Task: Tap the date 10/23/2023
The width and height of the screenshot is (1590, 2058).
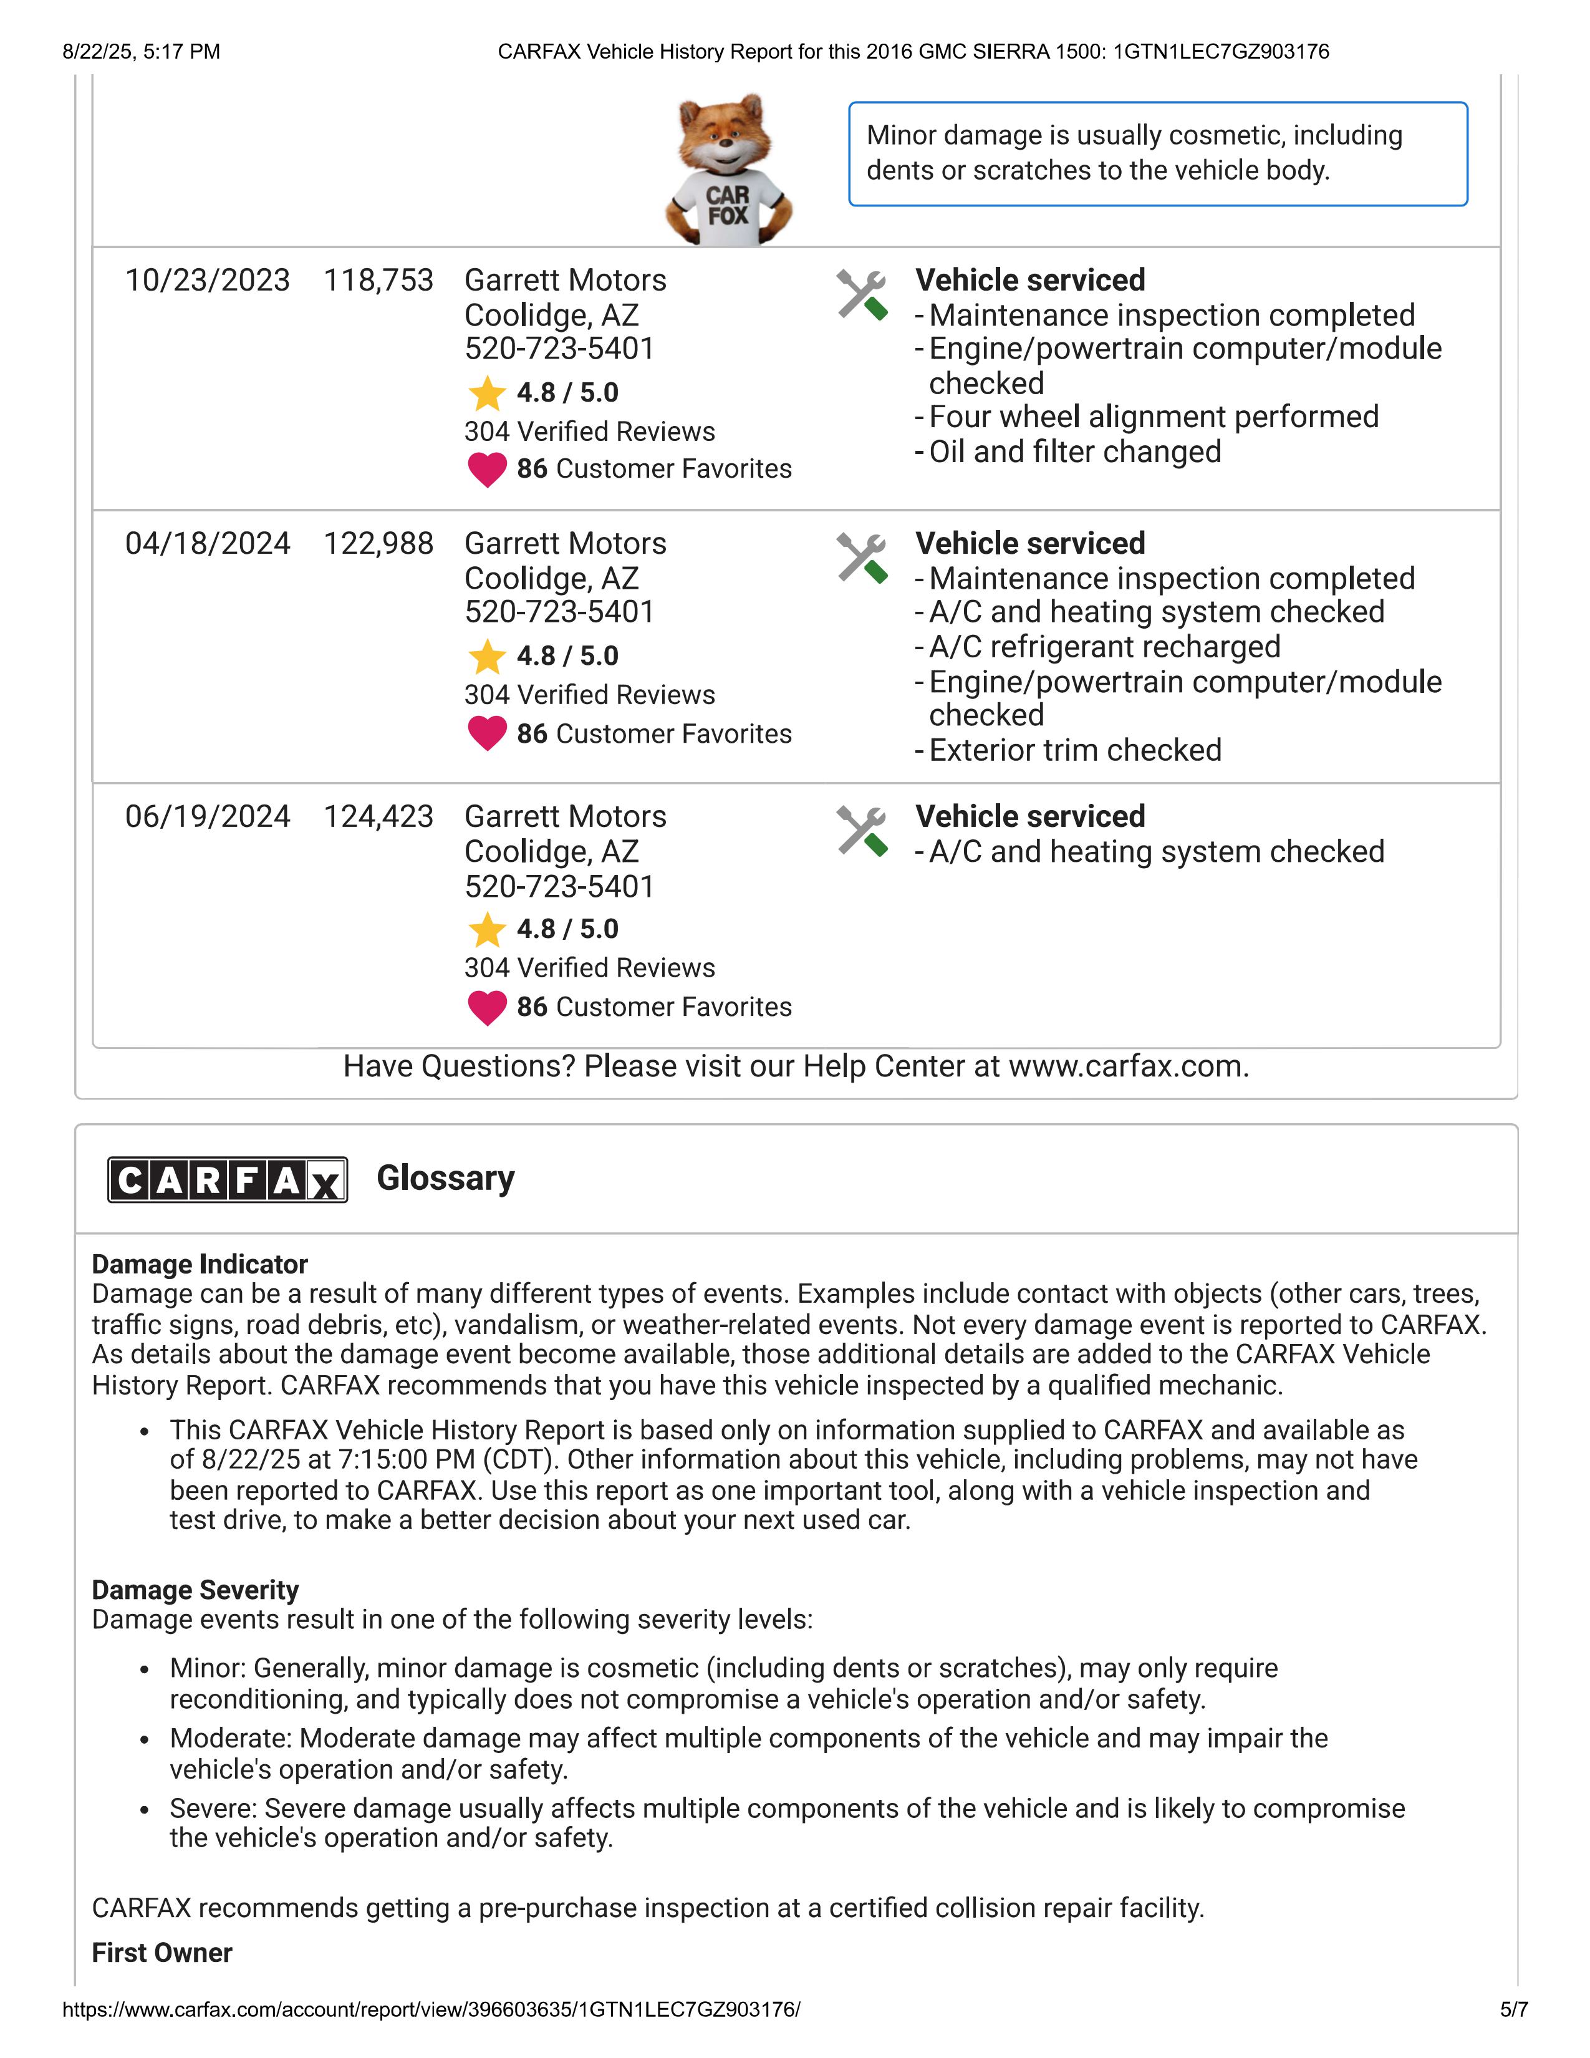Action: click(x=207, y=281)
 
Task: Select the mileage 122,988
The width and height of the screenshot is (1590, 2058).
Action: click(x=378, y=544)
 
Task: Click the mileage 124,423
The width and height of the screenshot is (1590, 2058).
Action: click(x=378, y=816)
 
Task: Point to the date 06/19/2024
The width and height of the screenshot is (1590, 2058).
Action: click(x=207, y=816)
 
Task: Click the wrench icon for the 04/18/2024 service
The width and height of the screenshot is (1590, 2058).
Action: click(x=862, y=558)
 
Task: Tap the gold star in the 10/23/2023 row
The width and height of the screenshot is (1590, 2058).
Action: click(x=487, y=393)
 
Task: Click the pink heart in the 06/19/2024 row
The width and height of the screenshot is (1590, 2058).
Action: click(x=487, y=1007)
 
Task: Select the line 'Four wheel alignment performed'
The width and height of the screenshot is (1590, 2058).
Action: click(x=1153, y=417)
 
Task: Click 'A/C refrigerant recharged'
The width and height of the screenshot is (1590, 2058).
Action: click(x=1104, y=647)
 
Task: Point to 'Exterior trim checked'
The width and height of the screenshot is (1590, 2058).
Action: click(x=1075, y=750)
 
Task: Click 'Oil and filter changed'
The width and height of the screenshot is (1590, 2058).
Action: click(x=1075, y=452)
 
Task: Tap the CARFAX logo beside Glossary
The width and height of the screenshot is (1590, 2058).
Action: click(x=227, y=1179)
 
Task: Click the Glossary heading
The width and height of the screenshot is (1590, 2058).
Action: click(x=446, y=1178)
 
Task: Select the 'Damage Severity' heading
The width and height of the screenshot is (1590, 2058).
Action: click(x=195, y=1590)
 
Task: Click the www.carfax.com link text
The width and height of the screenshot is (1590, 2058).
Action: click(x=1127, y=1066)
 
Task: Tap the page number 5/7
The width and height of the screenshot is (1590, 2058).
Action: click(x=1514, y=2009)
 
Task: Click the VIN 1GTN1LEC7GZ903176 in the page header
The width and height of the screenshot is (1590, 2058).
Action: click(x=1221, y=52)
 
